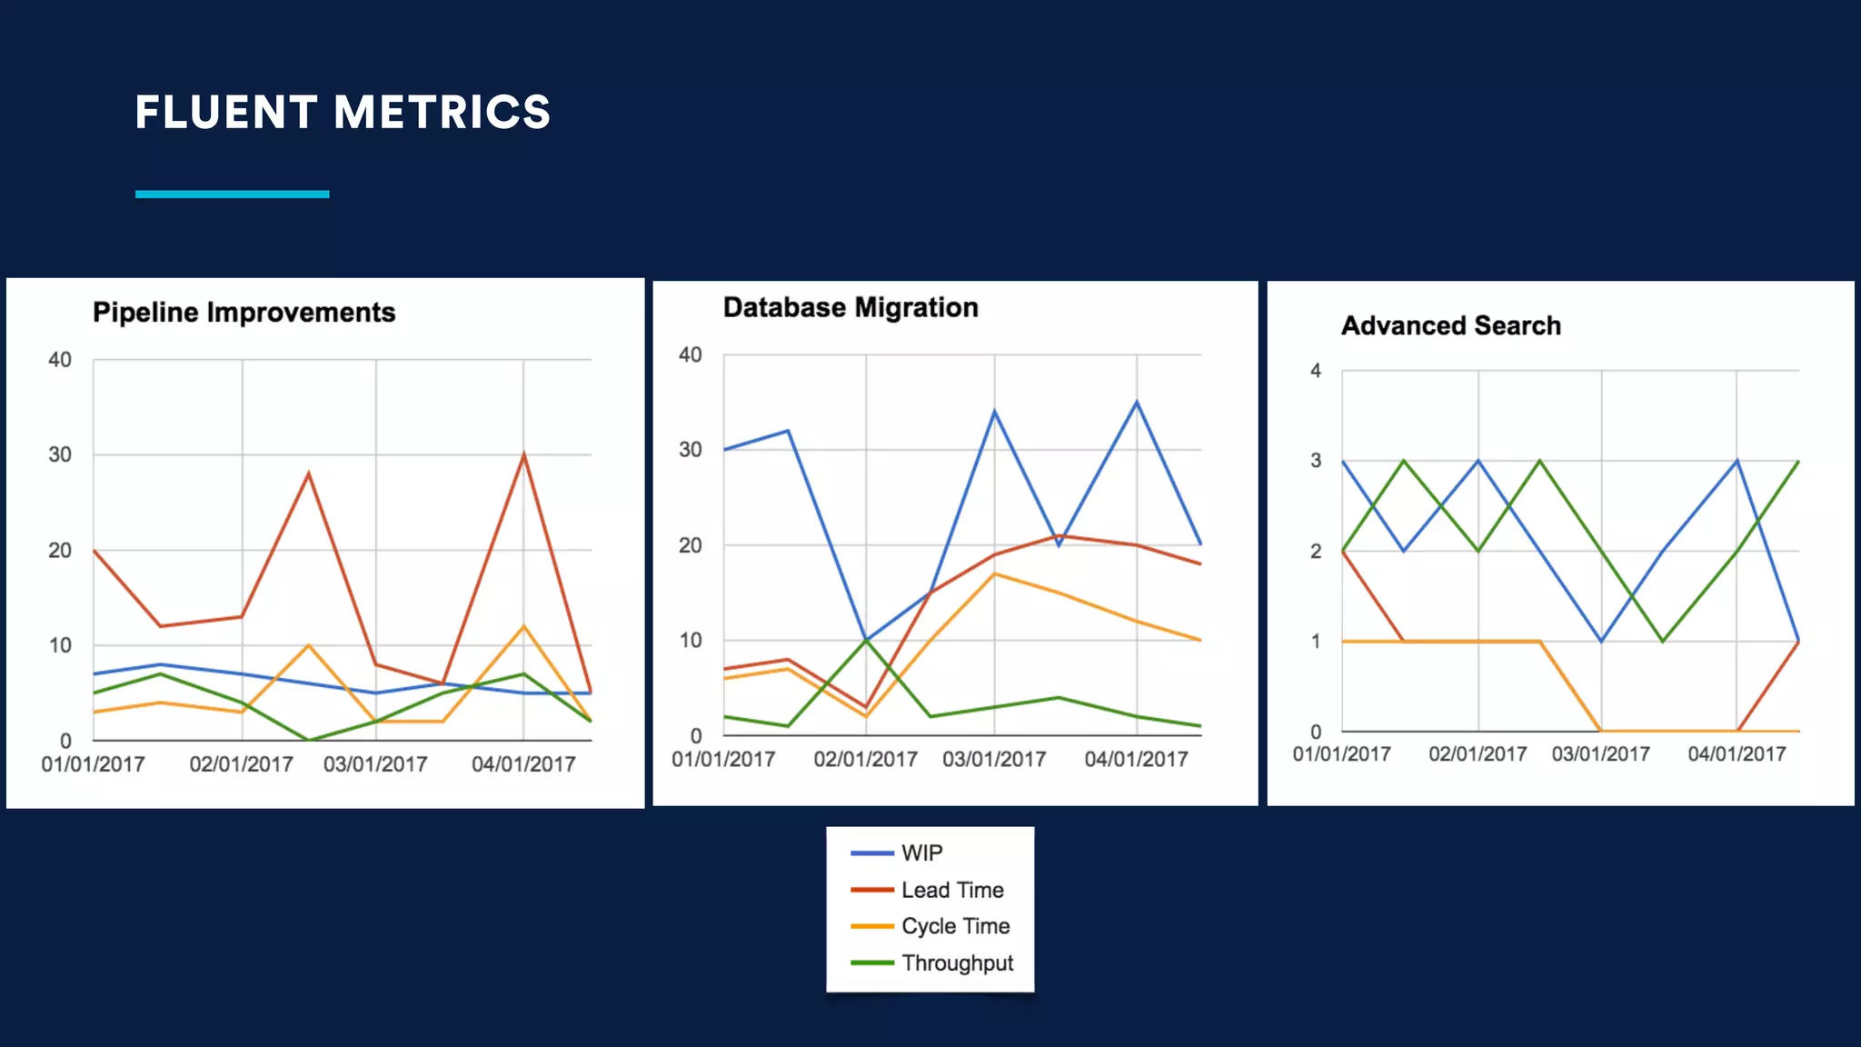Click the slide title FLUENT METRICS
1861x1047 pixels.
coord(343,113)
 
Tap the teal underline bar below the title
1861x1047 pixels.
coord(232,194)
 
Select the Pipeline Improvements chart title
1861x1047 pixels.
coord(244,313)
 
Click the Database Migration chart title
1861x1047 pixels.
coord(851,308)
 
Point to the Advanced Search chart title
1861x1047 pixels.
coord(1450,325)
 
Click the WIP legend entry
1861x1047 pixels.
coord(921,853)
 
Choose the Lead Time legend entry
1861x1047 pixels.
coord(951,890)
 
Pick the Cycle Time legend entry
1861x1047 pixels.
coord(954,926)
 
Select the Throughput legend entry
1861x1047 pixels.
coord(956,963)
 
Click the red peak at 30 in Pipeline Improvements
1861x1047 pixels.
coord(523,454)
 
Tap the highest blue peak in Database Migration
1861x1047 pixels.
coord(1136,403)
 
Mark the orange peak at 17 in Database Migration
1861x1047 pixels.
coord(994,573)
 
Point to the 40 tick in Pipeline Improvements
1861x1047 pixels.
coord(60,360)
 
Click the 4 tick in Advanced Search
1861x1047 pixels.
coord(1315,371)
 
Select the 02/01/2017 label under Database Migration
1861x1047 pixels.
coord(865,759)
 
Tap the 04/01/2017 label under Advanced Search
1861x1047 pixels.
coord(1736,754)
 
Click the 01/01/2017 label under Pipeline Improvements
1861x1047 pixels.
coord(93,764)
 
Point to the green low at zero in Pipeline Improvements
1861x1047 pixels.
coord(309,740)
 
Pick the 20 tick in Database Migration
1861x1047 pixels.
coord(691,545)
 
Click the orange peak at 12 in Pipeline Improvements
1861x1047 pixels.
coord(523,626)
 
